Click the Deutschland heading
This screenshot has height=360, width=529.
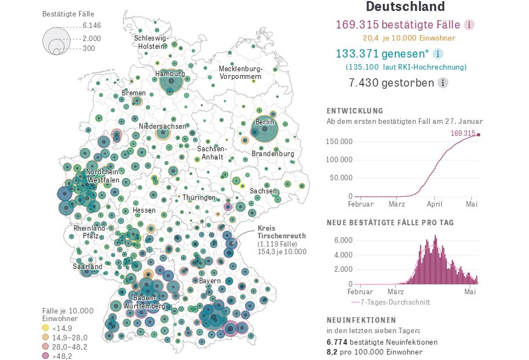tap(405, 7)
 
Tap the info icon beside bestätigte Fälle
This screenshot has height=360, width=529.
tap(469, 25)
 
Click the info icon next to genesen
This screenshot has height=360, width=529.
tap(437, 54)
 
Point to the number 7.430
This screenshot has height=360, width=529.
tap(366, 83)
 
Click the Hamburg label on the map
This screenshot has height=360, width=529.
tap(170, 73)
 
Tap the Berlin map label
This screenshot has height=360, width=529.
tap(265, 122)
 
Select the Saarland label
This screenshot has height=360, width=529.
tap(88, 266)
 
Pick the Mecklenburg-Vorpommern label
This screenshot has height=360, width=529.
tap(241, 72)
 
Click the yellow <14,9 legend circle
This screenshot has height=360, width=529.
tap(45, 328)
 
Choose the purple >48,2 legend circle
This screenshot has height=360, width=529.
tap(45, 356)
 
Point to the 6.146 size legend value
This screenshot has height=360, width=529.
tap(92, 25)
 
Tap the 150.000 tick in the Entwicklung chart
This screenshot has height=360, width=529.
tap(339, 141)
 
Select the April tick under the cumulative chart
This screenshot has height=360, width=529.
tap(435, 204)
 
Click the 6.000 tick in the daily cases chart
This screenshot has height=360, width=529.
tap(342, 240)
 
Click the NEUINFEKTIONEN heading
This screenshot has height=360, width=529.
tap(362, 319)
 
